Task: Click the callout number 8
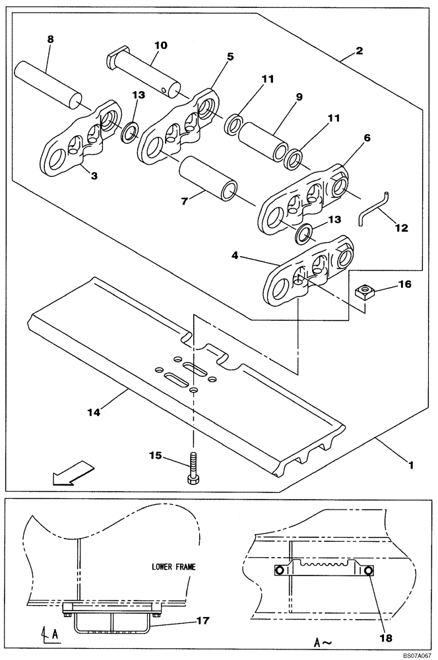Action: (50, 40)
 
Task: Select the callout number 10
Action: (161, 46)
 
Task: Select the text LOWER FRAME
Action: (173, 566)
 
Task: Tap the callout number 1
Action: (410, 465)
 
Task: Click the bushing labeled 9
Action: (262, 141)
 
